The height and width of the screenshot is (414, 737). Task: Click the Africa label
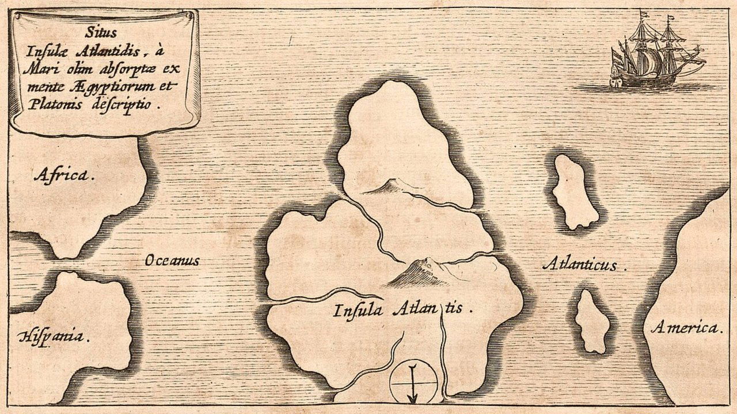[x=63, y=174]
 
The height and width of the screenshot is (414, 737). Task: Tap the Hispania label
[x=54, y=336]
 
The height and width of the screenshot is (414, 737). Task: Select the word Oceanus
[x=172, y=260]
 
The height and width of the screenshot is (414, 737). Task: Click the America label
[x=686, y=328]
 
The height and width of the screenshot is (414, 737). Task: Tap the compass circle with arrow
[x=413, y=382]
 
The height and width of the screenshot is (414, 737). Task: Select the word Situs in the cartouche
[x=105, y=35]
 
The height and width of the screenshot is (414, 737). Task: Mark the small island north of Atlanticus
[x=572, y=191]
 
